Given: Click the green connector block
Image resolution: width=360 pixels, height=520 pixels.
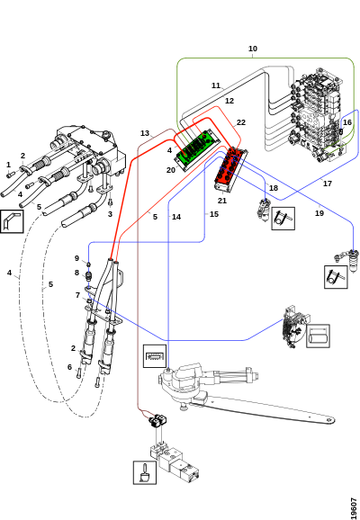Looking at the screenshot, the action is [196, 149].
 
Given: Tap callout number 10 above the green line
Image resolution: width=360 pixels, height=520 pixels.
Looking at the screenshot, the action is [253, 49].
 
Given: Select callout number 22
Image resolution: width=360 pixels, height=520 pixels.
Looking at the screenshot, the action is [241, 122].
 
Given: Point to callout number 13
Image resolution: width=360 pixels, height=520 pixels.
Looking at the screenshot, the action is [145, 133].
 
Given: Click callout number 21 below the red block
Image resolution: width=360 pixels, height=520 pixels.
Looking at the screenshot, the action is [222, 201].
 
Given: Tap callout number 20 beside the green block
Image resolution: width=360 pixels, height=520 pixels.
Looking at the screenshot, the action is [170, 170].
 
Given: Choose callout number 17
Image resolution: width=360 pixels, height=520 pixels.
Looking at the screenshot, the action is [328, 184].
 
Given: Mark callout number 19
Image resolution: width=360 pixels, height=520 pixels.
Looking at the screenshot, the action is [319, 213].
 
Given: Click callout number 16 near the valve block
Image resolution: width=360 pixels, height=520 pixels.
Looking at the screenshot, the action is [347, 122].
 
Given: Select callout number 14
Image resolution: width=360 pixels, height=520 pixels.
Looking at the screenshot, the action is [176, 217].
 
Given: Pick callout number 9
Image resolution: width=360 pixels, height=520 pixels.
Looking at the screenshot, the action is [77, 258].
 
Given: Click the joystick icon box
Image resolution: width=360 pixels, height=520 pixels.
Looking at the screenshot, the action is [145, 472].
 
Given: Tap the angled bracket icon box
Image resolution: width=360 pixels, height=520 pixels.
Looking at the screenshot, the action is [12, 221].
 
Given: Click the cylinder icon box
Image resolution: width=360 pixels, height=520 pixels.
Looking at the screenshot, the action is [318, 336].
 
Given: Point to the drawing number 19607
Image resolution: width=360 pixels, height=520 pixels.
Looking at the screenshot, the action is [354, 507].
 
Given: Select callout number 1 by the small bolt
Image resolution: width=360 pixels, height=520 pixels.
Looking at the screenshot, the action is [9, 165].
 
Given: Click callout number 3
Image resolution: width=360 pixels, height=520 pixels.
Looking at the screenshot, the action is [110, 214].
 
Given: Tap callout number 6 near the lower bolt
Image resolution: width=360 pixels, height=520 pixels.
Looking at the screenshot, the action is [69, 367].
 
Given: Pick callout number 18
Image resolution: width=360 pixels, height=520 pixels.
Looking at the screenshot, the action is [274, 188].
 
